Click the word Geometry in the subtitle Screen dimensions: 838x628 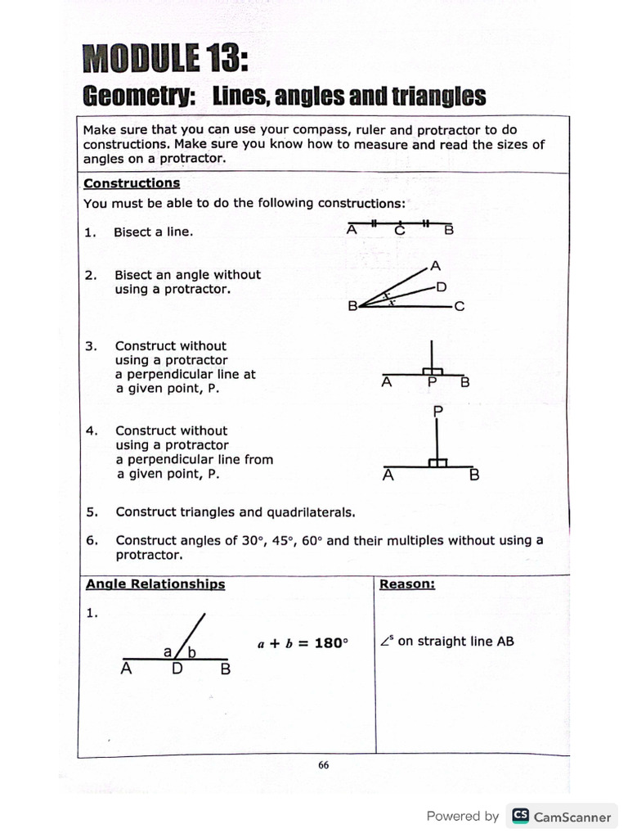137,97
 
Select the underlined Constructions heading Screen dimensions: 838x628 132,183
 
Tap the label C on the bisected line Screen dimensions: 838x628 400,231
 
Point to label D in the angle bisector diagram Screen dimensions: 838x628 441,286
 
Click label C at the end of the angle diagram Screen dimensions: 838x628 460,307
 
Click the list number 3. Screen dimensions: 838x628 90,346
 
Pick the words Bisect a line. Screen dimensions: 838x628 154,232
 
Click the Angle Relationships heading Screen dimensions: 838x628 155,584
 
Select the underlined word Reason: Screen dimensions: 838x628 407,584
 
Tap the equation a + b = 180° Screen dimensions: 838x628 303,643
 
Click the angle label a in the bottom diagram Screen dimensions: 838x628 168,651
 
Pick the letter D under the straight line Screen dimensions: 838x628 177,669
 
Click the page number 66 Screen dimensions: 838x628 323,765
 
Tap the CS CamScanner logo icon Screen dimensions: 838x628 520,816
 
